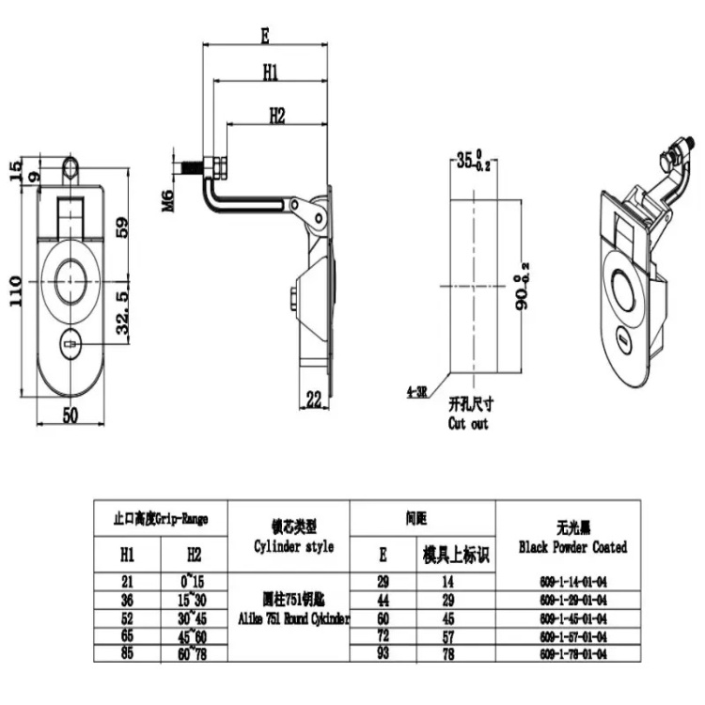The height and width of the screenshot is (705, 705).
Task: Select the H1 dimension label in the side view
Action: tap(270, 71)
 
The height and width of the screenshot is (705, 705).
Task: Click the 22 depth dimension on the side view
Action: tap(314, 400)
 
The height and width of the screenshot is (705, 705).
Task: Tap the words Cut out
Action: tap(468, 424)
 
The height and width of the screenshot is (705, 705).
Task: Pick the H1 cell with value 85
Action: tap(127, 652)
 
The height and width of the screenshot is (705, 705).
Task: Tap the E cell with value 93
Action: tap(383, 652)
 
